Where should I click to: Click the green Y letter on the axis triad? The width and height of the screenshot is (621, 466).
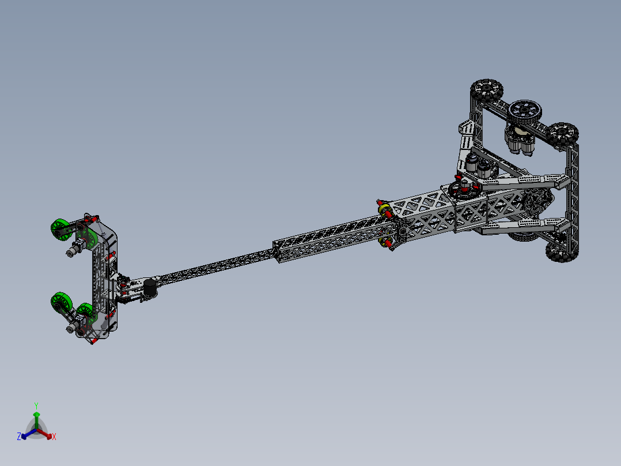coord(36,405)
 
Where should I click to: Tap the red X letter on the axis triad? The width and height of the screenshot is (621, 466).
coord(54,437)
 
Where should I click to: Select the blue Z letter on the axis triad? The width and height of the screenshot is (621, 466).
coord(19,437)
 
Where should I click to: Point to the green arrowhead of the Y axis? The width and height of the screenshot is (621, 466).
coord(36,415)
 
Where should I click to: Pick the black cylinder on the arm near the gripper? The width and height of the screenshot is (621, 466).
coord(151,288)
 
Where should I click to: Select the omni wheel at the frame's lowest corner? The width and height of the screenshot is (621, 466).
coord(556,251)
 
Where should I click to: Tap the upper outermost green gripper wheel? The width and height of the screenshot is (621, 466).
coord(60,229)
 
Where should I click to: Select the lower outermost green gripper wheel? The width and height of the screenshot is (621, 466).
coord(60,302)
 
